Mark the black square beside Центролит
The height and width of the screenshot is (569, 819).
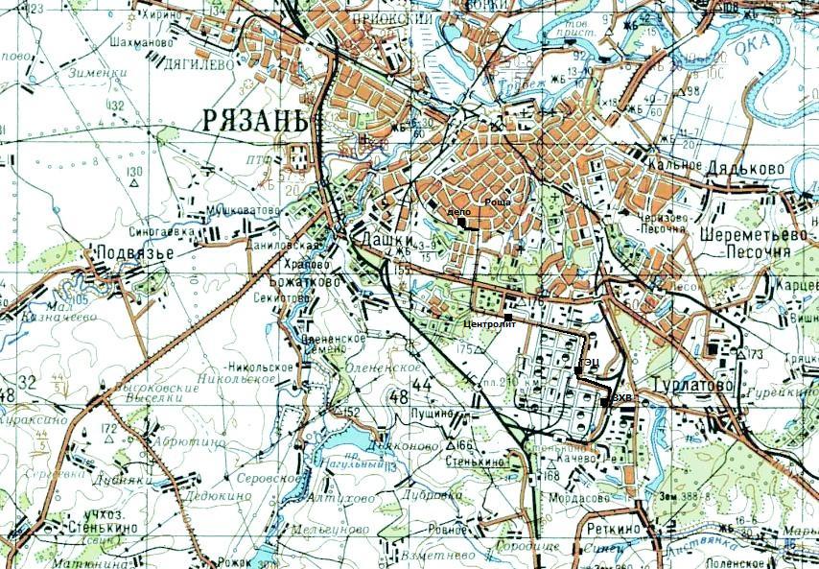pos(507,316)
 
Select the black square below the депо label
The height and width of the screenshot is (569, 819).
pos(461,224)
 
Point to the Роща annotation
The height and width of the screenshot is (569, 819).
pos(496,203)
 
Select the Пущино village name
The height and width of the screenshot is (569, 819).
pos(431,413)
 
